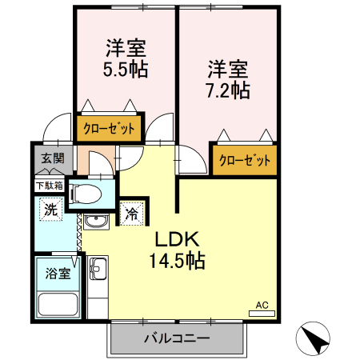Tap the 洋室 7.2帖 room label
tap(228, 78)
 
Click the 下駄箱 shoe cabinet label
tap(49, 186)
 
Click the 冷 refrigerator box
tap(130, 214)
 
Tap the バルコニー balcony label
tap(177, 338)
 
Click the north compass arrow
tap(314, 339)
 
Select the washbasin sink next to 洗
tap(96, 222)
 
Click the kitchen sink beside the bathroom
tap(98, 267)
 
